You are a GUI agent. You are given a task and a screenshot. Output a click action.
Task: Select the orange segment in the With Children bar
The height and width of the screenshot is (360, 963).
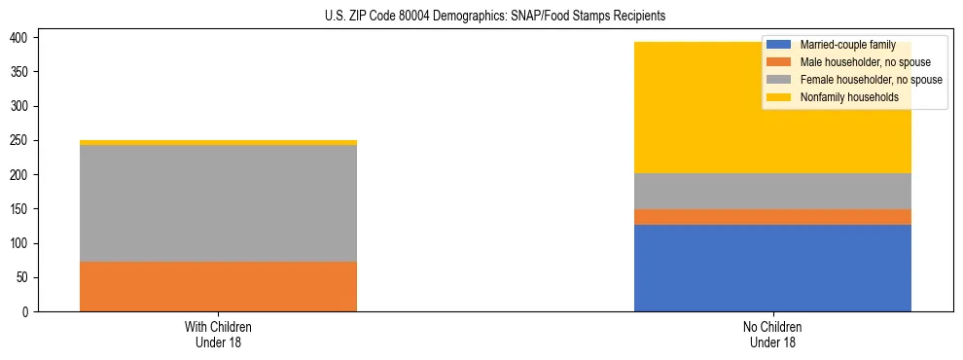218,286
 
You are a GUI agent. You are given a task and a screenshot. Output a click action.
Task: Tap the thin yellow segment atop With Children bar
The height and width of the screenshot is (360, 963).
218,142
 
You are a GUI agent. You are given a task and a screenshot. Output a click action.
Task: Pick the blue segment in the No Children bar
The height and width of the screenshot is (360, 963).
772,268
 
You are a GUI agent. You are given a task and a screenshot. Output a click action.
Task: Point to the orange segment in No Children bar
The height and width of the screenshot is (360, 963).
772,217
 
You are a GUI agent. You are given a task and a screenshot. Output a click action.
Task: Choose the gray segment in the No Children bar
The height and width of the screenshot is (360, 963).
772,191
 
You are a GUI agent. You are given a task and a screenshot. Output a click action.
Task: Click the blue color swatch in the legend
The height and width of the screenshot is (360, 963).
779,45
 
